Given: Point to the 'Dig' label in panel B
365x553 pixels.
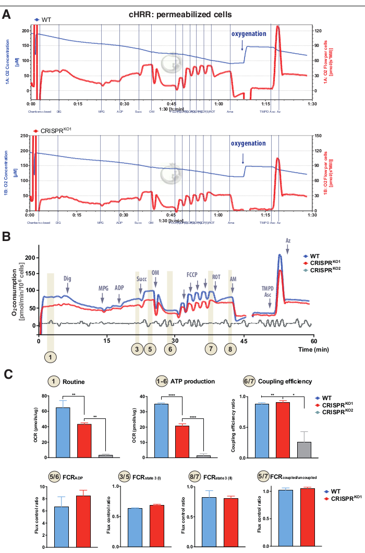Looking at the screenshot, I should pyautogui.click(x=67, y=279).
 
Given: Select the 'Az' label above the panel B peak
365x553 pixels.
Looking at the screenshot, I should pyautogui.click(x=288, y=241).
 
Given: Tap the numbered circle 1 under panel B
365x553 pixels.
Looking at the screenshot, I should pyautogui.click(x=50, y=357).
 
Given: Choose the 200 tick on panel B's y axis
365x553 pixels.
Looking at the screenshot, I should pyautogui.click(x=30, y=258).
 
